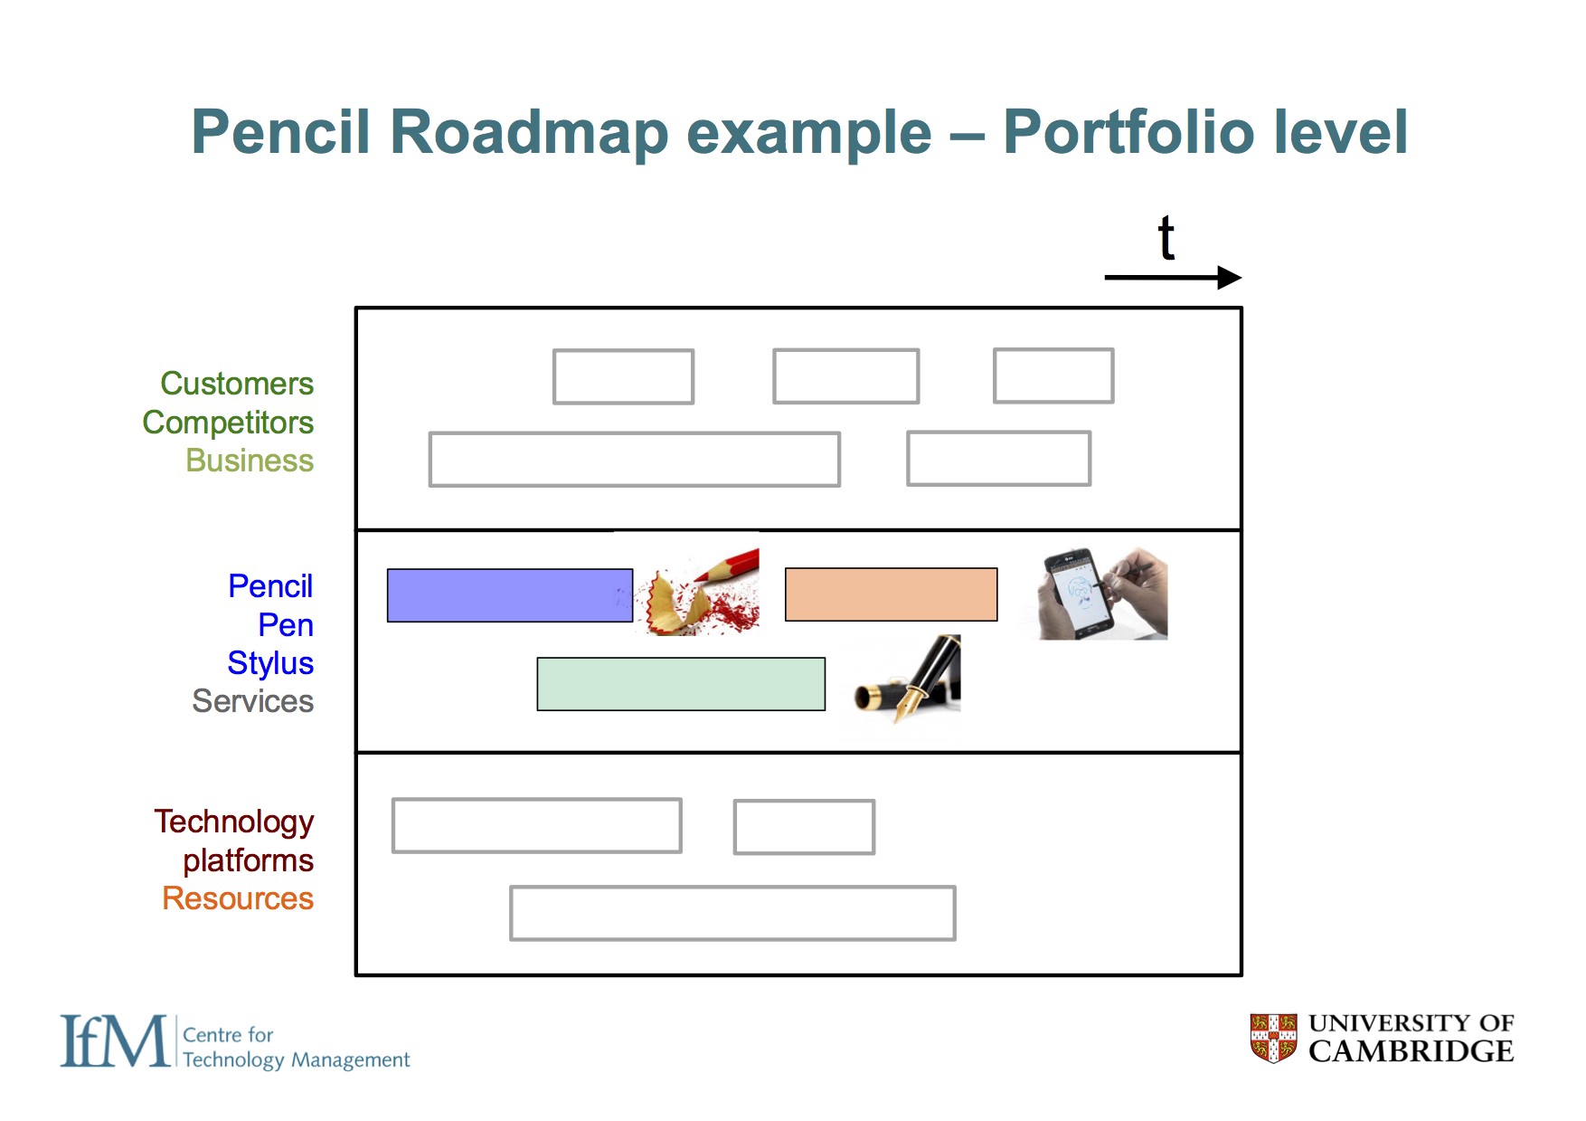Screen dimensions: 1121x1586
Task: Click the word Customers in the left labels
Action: click(x=237, y=384)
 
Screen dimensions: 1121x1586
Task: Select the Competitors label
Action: click(x=228, y=423)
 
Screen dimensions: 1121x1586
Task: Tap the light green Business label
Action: click(x=250, y=461)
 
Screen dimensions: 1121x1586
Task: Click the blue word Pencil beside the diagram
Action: click(x=270, y=586)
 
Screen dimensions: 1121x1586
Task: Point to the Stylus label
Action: click(x=270, y=663)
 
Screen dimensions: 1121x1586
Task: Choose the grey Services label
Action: click(x=252, y=701)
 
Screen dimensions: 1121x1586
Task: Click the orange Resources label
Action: click(x=238, y=898)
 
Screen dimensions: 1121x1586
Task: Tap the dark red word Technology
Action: click(x=233, y=822)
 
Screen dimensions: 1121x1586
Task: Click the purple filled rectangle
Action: click(x=509, y=595)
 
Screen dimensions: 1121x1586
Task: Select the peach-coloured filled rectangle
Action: click(x=891, y=594)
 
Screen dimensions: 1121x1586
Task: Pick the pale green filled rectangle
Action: click(x=680, y=684)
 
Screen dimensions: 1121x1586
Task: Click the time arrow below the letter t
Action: click(x=1172, y=277)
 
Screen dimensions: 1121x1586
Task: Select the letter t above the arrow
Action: click(x=1166, y=238)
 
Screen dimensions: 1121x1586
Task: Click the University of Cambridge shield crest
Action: click(x=1273, y=1038)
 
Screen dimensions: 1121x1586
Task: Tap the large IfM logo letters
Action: click(x=114, y=1041)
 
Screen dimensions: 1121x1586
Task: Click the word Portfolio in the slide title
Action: click(x=1128, y=132)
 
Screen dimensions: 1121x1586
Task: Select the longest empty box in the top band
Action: click(x=634, y=460)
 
